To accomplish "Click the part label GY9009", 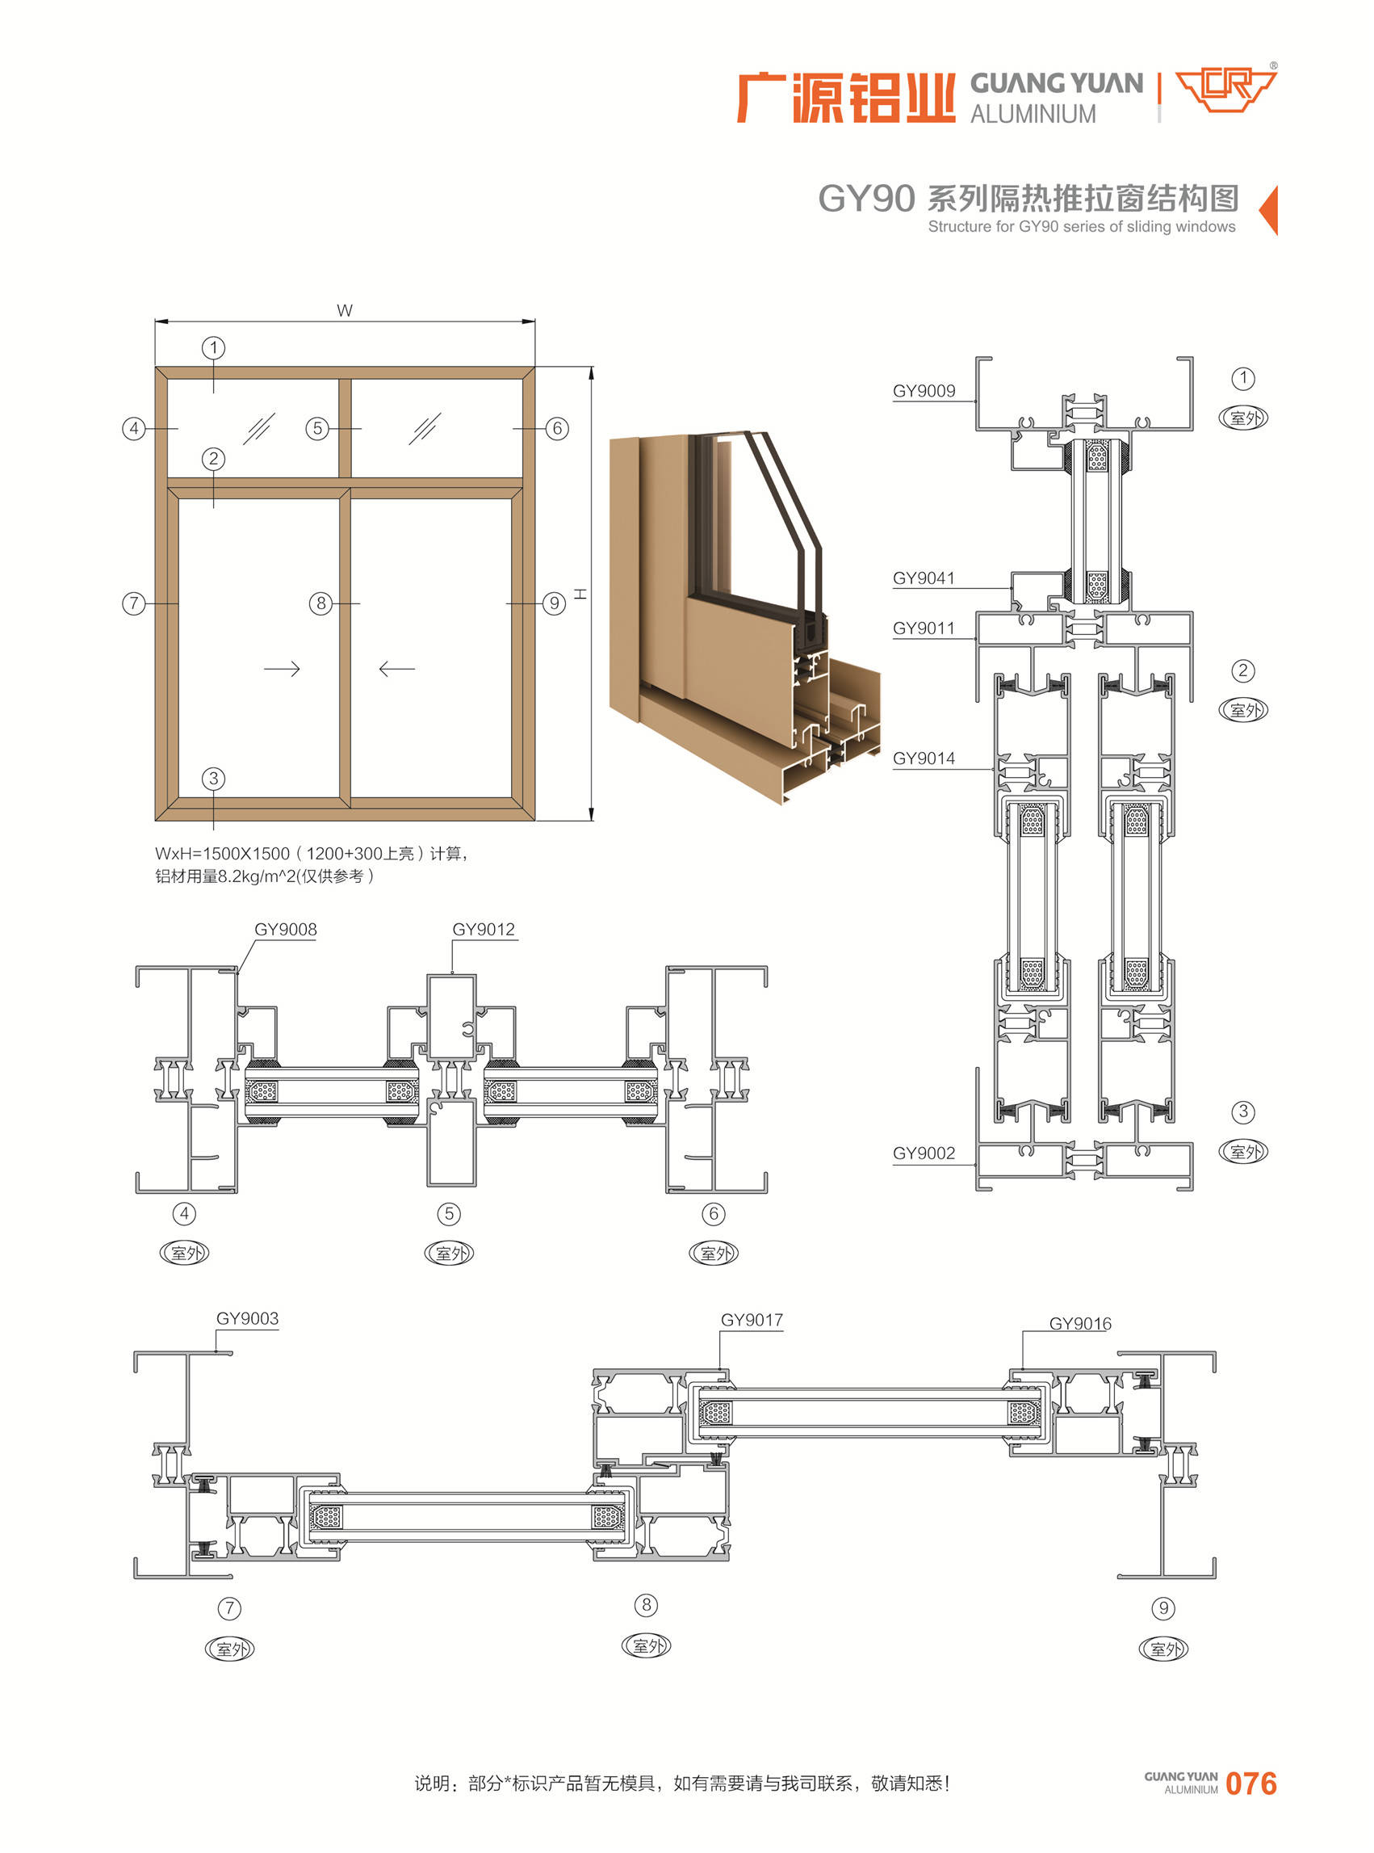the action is click(924, 391).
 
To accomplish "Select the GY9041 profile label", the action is click(924, 578).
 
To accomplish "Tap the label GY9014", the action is click(924, 758).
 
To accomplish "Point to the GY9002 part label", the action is click(924, 1153).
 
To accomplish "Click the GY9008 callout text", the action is click(285, 930).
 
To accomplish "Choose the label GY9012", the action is click(484, 930).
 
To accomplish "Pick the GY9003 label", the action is click(247, 1318).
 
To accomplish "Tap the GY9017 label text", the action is click(752, 1320).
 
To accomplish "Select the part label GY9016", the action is click(1079, 1324).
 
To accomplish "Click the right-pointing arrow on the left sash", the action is click(282, 669).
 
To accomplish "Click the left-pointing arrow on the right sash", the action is click(396, 669).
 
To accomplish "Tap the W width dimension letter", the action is click(345, 310).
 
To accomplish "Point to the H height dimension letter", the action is click(580, 594).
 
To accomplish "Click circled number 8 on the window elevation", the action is click(321, 603).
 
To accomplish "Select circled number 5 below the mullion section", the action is click(449, 1214).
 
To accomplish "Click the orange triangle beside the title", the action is click(1268, 211).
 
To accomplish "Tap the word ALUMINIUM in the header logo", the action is click(1033, 114).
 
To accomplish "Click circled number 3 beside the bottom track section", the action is click(1242, 1111).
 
